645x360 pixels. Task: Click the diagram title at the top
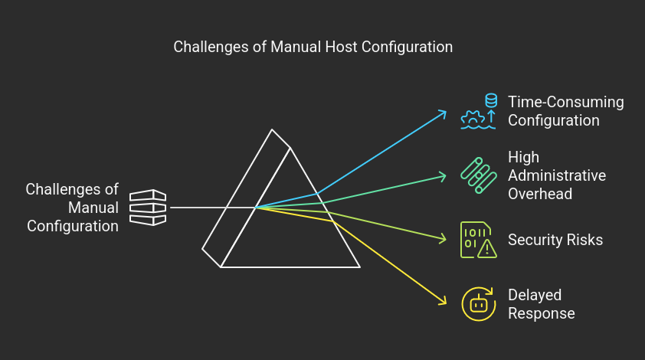(313, 47)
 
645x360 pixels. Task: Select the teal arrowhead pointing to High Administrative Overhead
(443, 176)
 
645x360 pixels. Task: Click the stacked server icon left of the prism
(147, 208)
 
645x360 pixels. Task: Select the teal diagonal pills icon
(479, 175)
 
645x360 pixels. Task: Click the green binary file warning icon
(479, 240)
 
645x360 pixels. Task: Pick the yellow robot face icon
(479, 304)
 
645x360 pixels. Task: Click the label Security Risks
(555, 240)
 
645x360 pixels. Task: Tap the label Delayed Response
(541, 304)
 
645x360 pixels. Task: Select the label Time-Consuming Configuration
(565, 111)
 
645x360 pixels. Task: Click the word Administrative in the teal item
(557, 175)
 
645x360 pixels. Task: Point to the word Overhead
(540, 194)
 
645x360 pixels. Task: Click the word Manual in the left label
(93, 208)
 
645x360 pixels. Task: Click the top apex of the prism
(271, 130)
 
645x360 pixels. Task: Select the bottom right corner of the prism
(359, 267)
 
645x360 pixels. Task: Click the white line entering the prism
(199, 208)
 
